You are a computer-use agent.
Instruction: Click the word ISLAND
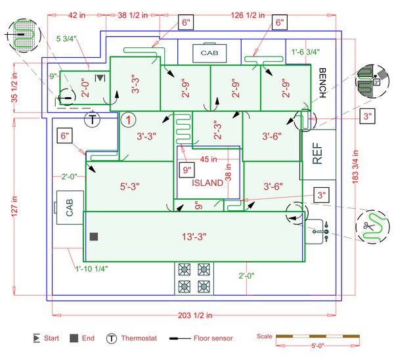tap(207, 183)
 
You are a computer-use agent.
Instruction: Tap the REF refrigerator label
tap(318, 155)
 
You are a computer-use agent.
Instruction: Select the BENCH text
tap(322, 83)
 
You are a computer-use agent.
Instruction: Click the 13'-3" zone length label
tap(192, 236)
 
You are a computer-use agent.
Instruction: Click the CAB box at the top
tap(209, 52)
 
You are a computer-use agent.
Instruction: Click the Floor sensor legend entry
tap(200, 338)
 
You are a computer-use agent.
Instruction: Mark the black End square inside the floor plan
tap(94, 236)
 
